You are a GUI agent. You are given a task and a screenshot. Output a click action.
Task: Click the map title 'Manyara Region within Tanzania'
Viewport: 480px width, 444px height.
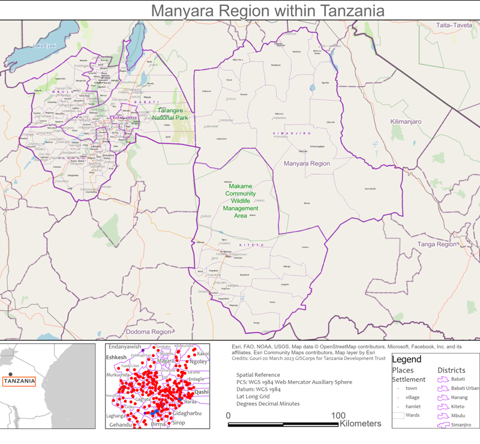click(x=267, y=10)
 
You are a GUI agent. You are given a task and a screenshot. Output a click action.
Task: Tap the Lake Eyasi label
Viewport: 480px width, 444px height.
click(x=44, y=46)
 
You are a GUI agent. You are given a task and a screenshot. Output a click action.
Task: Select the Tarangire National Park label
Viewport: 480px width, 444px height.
click(x=170, y=114)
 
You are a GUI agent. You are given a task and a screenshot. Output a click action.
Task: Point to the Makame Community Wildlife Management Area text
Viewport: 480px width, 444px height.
click(x=240, y=201)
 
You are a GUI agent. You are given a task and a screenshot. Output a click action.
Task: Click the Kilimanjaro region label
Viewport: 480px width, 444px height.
click(x=406, y=122)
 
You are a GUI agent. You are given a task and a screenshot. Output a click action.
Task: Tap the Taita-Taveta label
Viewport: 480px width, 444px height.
click(x=454, y=26)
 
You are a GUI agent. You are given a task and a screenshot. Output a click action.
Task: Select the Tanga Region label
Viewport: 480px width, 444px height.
click(x=437, y=244)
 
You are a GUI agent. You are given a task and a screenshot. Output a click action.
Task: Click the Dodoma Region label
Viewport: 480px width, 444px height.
click(x=148, y=332)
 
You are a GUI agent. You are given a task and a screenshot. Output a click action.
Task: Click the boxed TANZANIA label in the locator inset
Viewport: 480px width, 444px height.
click(x=19, y=381)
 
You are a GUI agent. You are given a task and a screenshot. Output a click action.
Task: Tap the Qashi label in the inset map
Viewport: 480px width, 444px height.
click(x=202, y=392)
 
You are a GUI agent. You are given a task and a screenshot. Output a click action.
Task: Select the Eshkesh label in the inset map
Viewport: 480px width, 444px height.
click(x=116, y=358)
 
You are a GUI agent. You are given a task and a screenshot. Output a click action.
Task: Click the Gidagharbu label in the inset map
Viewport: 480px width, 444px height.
click(x=187, y=414)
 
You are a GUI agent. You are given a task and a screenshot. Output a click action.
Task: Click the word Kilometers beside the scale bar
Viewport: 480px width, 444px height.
click(x=360, y=424)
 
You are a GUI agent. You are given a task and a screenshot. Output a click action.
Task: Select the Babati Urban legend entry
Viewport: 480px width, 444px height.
click(x=465, y=388)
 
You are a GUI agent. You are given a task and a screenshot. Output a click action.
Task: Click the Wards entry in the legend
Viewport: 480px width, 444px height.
click(x=412, y=415)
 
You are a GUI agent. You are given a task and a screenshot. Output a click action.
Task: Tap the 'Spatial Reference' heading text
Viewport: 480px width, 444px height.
click(x=258, y=375)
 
